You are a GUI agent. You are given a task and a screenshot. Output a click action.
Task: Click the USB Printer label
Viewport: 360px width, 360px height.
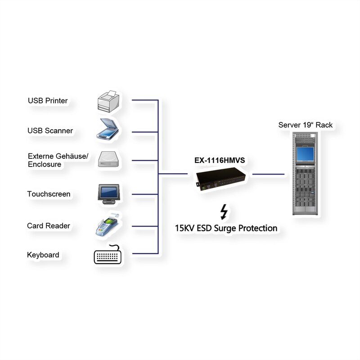tap(48, 101)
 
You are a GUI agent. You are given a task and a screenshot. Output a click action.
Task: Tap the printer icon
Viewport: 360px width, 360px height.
tap(108, 101)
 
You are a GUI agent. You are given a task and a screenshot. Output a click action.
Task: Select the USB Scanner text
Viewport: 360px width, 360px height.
tap(50, 131)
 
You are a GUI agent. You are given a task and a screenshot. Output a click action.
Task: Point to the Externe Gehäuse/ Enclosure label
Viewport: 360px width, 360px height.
tap(58, 160)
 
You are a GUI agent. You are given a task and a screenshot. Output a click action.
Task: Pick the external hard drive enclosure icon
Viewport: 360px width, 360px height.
tap(108, 160)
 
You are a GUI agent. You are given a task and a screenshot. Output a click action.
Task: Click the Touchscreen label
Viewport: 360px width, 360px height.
tap(49, 194)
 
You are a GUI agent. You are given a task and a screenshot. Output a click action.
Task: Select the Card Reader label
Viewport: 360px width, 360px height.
tap(48, 226)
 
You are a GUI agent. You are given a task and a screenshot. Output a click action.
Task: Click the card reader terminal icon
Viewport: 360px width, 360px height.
tap(107, 225)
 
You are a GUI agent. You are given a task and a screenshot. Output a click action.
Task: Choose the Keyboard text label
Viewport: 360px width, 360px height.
tap(43, 255)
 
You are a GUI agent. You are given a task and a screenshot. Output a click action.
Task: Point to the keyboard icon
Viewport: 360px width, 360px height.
tap(108, 255)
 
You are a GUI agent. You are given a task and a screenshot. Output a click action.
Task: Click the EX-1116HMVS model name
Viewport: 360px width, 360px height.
tap(219, 160)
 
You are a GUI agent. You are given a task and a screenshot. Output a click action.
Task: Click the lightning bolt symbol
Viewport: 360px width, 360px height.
tap(223, 211)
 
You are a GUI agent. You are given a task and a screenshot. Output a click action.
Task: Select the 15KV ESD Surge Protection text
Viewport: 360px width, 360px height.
tap(226, 228)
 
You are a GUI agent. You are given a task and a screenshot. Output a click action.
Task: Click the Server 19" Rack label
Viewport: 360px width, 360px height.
tap(305, 125)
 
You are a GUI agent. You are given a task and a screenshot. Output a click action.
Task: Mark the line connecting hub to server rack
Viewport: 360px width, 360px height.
tap(268, 174)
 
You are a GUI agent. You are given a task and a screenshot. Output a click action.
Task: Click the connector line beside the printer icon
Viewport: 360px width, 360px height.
tap(144, 99)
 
